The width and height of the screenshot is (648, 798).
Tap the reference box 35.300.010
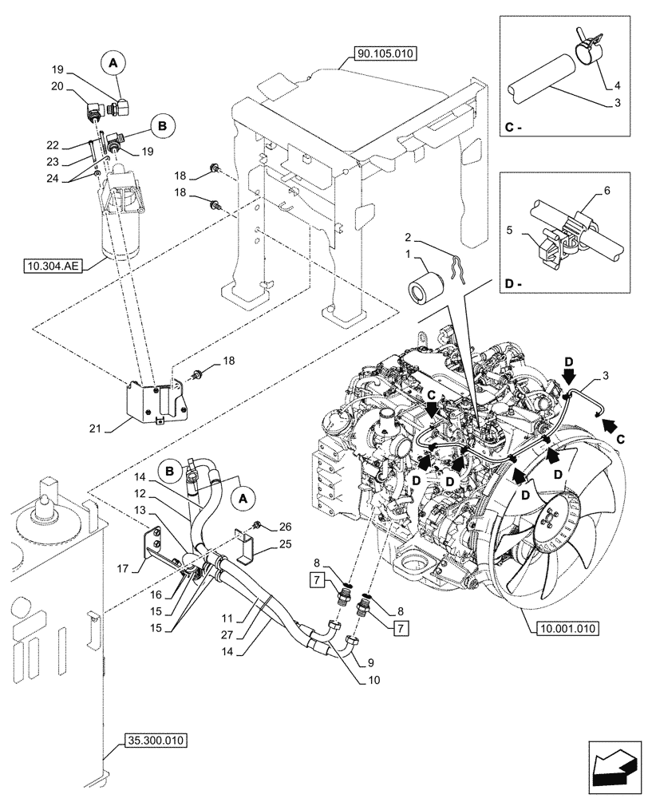pyautogui.click(x=156, y=741)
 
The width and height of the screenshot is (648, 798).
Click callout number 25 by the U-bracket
pyautogui.click(x=286, y=545)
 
